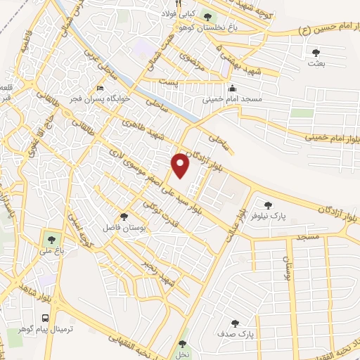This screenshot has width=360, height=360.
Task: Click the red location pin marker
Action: tap(181, 165)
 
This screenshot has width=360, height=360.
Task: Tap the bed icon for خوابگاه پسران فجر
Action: tap(100, 89)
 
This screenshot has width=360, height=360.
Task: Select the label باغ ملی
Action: tap(51, 247)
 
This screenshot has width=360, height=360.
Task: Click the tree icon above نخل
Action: tap(183, 344)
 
